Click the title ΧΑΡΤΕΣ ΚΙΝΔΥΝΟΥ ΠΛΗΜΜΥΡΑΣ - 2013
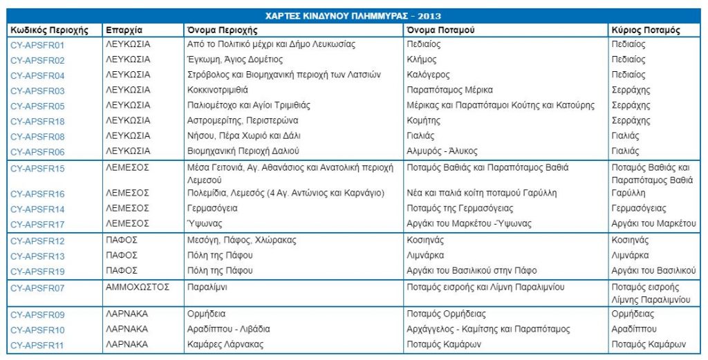pos(353,16)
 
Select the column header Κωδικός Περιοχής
pos(50,30)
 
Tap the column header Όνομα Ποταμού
pos(440,30)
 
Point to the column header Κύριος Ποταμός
pos(646,30)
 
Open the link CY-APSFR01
pos(38,44)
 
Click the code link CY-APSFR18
pos(38,121)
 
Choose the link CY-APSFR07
pos(38,287)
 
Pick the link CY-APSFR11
pos(38,345)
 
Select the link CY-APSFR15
pos(38,168)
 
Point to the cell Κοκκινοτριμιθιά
pos(218,91)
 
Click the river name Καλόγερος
pos(429,75)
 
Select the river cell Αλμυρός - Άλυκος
pos(442,151)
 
